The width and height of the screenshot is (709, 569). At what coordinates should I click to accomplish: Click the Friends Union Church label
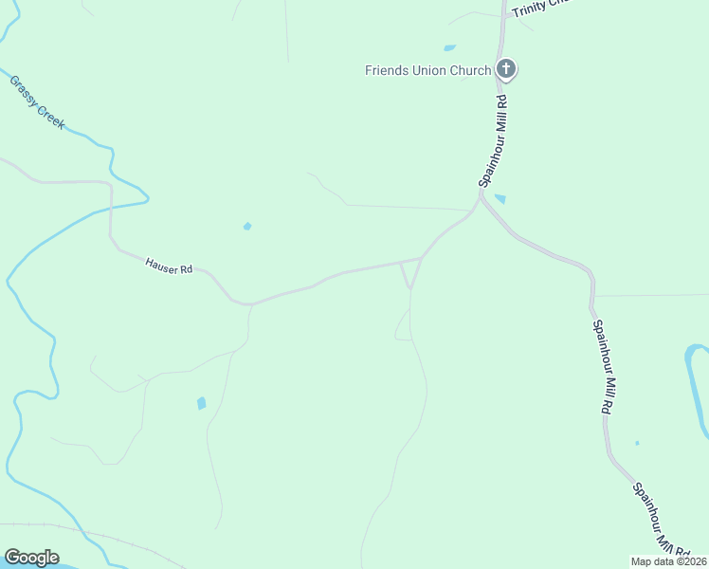point(428,70)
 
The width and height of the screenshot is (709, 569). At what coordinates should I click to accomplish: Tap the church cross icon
point(507,68)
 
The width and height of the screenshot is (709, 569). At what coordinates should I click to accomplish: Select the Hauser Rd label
point(169,266)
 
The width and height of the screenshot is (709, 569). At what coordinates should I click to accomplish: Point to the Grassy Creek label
point(37,101)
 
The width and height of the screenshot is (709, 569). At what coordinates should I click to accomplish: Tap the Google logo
point(31,558)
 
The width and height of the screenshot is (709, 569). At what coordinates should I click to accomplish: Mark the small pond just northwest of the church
point(449,47)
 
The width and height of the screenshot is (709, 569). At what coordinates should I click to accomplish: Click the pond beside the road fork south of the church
point(500,199)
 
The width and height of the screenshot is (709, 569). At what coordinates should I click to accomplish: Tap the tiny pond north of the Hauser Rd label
point(247,226)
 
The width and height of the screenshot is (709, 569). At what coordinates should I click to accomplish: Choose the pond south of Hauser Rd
point(201,403)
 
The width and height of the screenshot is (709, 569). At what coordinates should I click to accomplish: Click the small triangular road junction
point(410,271)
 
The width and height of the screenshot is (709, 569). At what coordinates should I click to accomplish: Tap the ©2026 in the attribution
point(691,561)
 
